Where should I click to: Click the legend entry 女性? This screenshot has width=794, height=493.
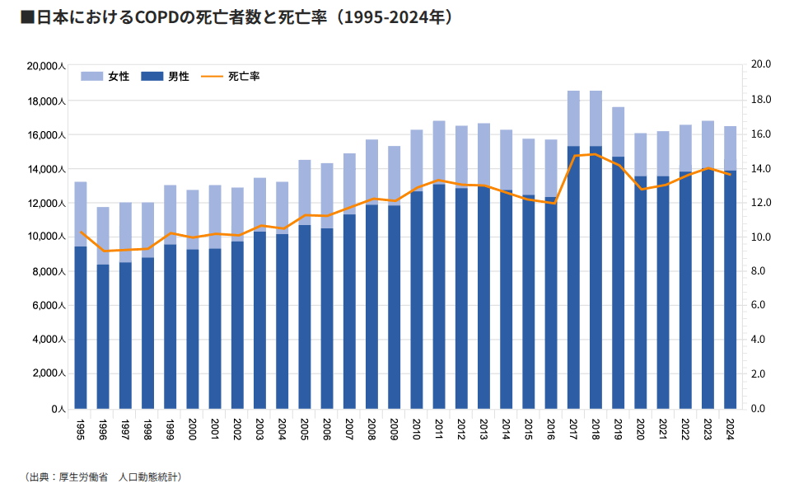tap(105, 77)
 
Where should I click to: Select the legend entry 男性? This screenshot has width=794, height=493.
tap(165, 77)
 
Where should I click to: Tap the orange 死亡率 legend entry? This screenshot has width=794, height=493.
tap(231, 77)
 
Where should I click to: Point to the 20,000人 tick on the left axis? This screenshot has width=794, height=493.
tap(46, 67)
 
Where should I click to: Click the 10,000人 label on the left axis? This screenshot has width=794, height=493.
tap(46, 237)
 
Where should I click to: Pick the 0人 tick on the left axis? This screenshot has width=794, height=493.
tap(58, 409)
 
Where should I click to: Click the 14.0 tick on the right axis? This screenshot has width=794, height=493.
tap(760, 168)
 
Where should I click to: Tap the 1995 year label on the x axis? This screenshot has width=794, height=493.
tap(80, 430)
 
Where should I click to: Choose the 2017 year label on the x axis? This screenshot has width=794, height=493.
tap(573, 430)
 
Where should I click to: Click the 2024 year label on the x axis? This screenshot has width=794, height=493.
tap(730, 430)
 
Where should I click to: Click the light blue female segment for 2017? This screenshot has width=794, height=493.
tap(573, 119)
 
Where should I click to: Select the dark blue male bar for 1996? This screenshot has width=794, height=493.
tap(103, 336)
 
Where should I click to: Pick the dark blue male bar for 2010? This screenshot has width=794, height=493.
tap(417, 300)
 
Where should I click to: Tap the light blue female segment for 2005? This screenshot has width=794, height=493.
tap(305, 193)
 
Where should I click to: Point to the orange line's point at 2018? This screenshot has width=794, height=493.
tap(596, 154)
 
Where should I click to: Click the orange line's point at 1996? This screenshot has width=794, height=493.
tap(103, 251)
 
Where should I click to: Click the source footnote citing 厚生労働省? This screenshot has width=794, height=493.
tap(103, 477)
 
